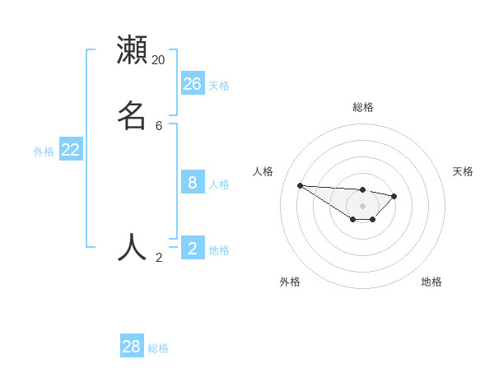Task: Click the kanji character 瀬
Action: tap(132, 51)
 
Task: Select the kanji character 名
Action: tap(132, 116)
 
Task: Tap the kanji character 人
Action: tap(132, 247)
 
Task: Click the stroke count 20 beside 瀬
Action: tap(159, 60)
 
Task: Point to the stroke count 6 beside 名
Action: tap(159, 126)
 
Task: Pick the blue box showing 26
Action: tap(193, 83)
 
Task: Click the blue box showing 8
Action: tap(193, 182)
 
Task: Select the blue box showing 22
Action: tap(71, 149)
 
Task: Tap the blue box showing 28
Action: tap(132, 347)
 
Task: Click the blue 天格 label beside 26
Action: tap(219, 86)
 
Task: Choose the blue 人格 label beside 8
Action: tap(219, 184)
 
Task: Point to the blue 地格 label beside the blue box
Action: tap(219, 250)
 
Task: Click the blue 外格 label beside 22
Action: tap(44, 152)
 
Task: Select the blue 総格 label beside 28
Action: tap(158, 348)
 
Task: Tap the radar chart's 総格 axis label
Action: tap(363, 107)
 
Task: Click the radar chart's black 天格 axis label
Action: tap(463, 171)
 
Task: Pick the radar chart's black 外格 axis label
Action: tap(290, 282)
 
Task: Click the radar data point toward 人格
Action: tap(301, 185)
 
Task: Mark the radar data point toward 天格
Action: tap(394, 196)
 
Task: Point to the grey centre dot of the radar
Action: tap(363, 206)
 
